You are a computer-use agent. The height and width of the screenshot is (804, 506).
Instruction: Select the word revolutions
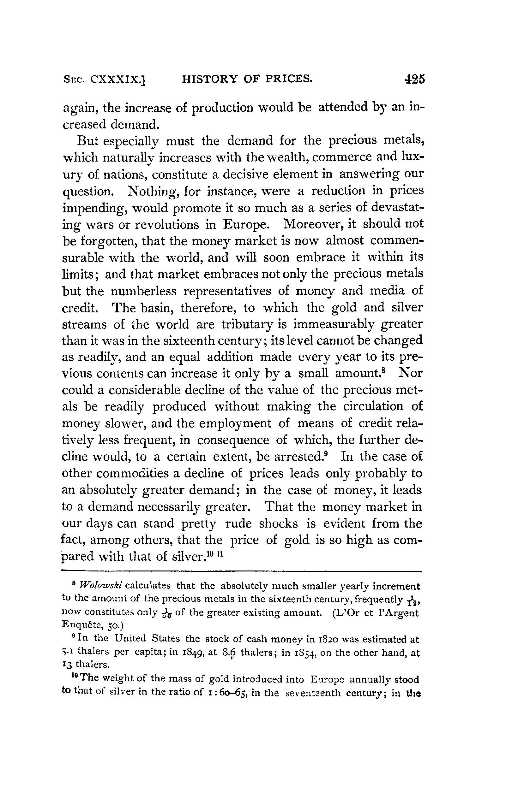coord(166,224)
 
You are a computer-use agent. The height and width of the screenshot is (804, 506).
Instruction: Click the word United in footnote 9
coord(131,639)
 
